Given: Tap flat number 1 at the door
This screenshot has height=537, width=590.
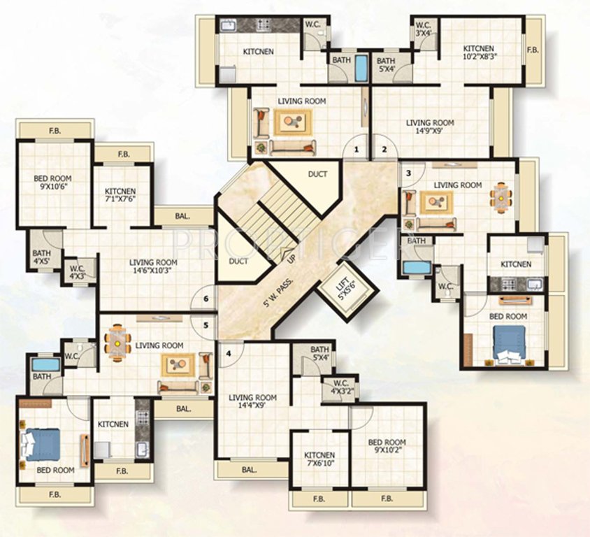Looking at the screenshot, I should pyautogui.click(x=357, y=150).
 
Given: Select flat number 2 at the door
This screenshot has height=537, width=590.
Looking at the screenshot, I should pyautogui.click(x=384, y=150).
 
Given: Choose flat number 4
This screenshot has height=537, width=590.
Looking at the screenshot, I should pyautogui.click(x=228, y=352).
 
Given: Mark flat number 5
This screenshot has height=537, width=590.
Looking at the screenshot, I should pyautogui.click(x=205, y=324).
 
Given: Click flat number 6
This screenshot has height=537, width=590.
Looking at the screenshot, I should pyautogui.click(x=205, y=299).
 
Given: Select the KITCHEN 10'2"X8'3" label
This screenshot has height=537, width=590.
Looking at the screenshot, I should pyautogui.click(x=479, y=53).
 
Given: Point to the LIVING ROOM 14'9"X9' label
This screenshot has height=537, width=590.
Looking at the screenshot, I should pyautogui.click(x=430, y=127).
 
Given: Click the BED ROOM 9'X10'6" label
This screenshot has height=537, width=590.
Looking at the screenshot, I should pyautogui.click(x=52, y=183).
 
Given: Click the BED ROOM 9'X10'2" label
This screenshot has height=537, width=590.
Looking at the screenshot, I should pyautogui.click(x=387, y=446).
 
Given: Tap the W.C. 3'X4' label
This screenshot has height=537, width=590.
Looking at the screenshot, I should pyautogui.click(x=422, y=29).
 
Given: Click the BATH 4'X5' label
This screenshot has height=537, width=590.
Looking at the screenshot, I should pyautogui.click(x=41, y=259).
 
